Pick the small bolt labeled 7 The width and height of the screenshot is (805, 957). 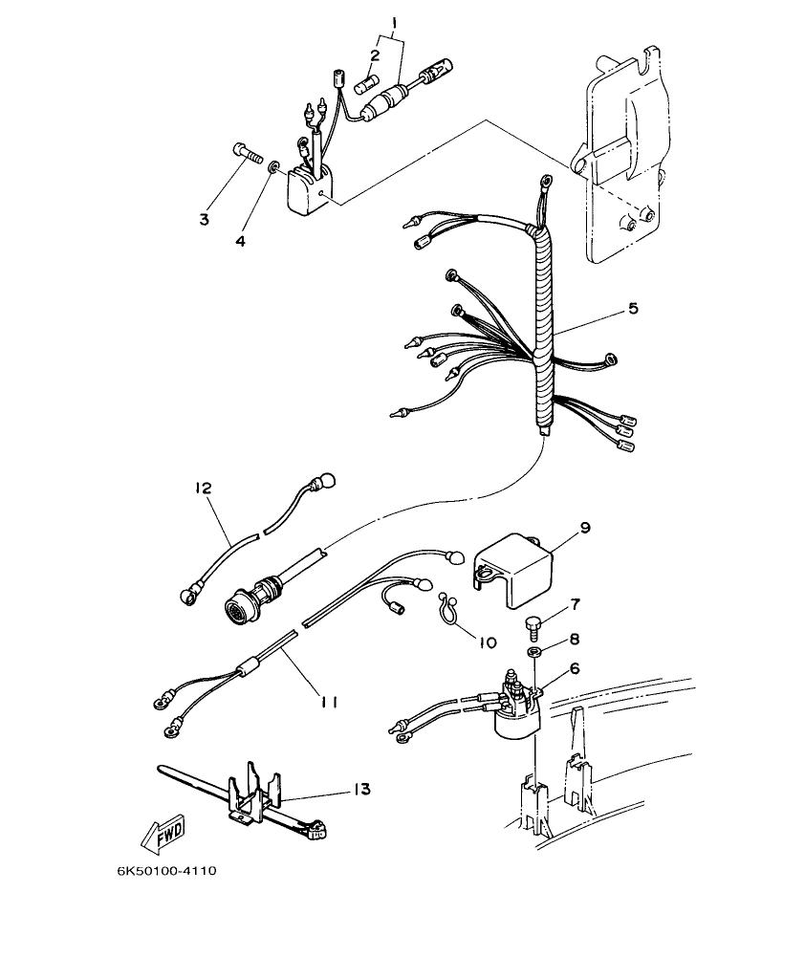pyautogui.click(x=532, y=628)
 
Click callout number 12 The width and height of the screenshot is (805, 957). pyautogui.click(x=204, y=488)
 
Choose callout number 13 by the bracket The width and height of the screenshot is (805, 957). pyautogui.click(x=360, y=790)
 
